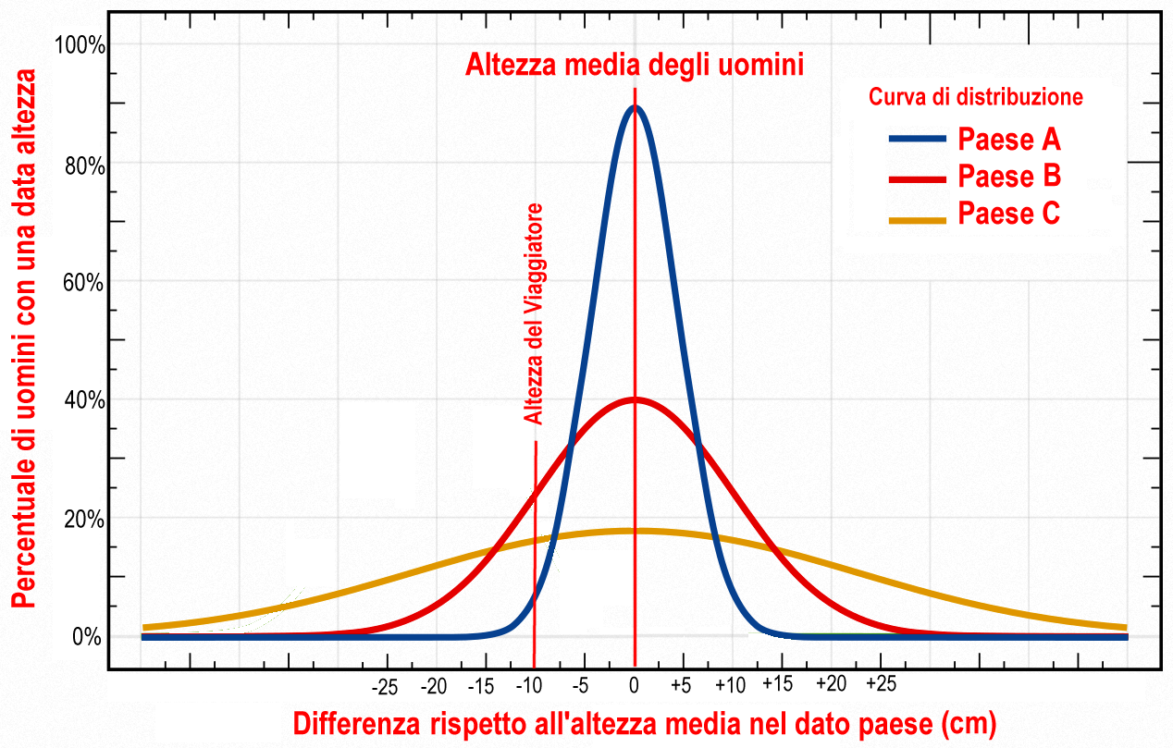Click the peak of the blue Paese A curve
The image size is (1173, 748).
point(635,107)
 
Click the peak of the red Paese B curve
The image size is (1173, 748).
point(635,399)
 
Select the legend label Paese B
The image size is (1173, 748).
point(1008,176)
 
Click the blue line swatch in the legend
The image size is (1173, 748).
point(918,140)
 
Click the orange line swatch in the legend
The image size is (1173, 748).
point(918,220)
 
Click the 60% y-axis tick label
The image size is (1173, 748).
point(82,282)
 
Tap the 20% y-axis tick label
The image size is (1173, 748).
point(82,520)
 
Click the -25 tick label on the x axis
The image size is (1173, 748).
point(385,687)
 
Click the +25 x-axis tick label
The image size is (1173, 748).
point(882,684)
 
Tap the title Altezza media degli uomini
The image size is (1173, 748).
point(635,66)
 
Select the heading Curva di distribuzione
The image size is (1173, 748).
point(975,96)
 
